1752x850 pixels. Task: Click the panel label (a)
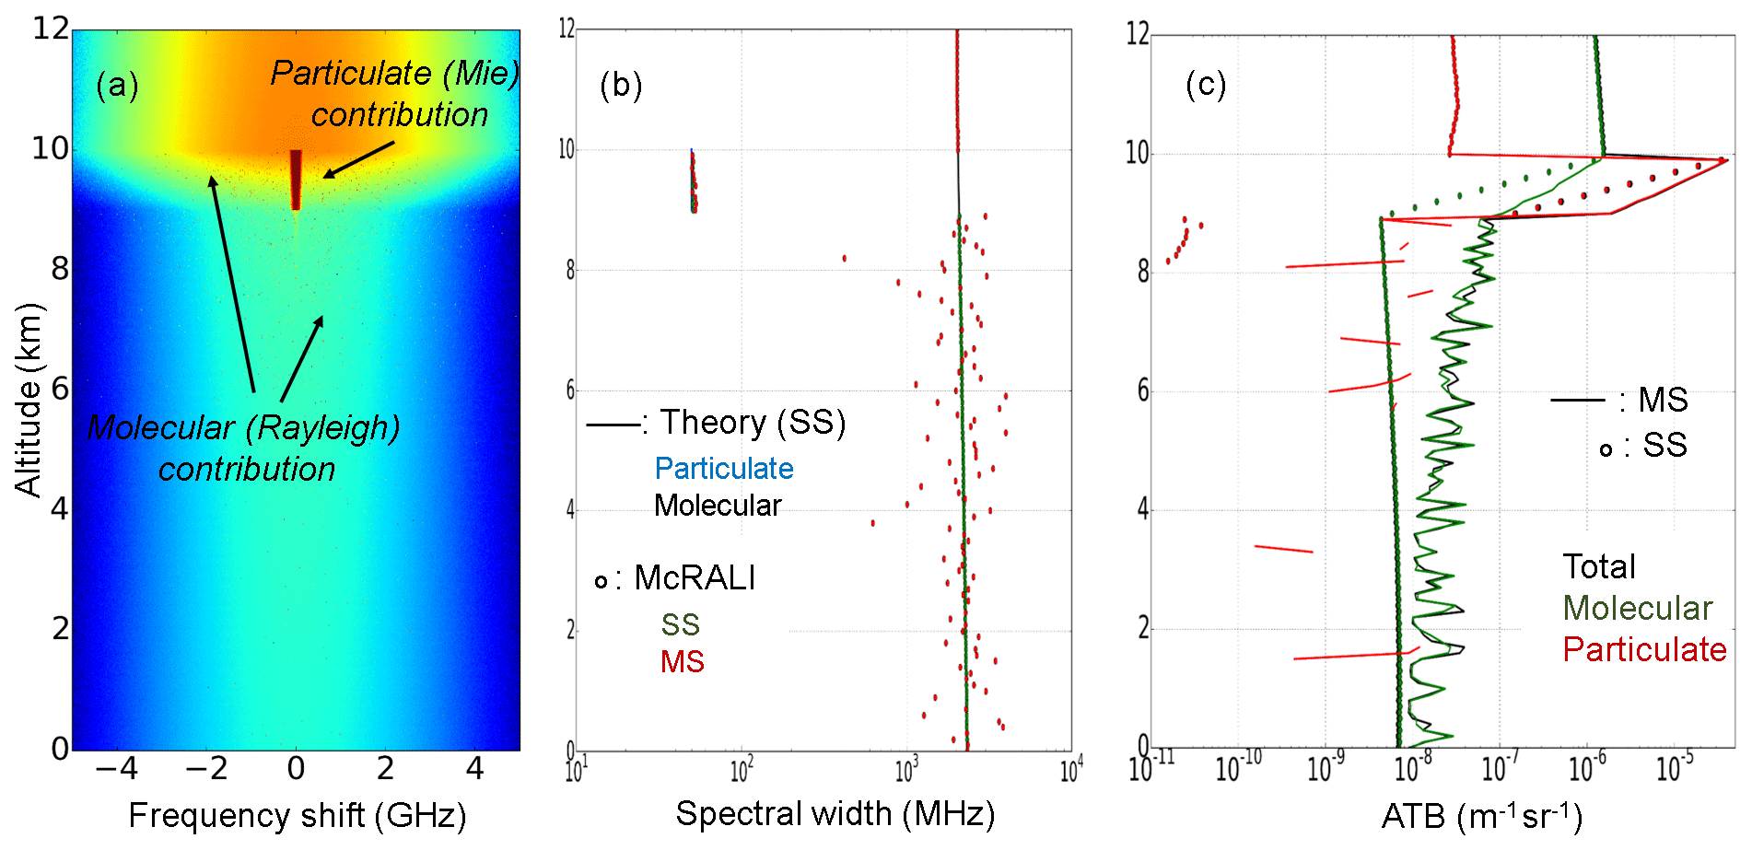click(x=117, y=86)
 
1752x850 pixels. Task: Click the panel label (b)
click(x=620, y=86)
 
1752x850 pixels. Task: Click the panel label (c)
click(x=1206, y=85)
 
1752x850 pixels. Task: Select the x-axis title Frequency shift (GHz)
click(x=297, y=816)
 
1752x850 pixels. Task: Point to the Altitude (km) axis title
click(x=29, y=400)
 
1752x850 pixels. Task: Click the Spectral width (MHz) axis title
click(x=835, y=814)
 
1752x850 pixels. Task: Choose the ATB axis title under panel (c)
click(x=1481, y=816)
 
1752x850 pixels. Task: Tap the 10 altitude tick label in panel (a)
click(x=51, y=148)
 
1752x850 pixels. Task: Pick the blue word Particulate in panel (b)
click(x=724, y=469)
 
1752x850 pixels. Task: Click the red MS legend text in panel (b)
click(x=683, y=662)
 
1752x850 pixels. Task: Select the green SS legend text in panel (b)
click(x=681, y=625)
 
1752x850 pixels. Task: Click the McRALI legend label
click(x=695, y=578)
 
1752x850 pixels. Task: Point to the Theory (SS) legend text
click(x=753, y=423)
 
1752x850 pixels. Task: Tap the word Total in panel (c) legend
click(x=1599, y=567)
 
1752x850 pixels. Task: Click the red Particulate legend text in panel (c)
click(x=1644, y=650)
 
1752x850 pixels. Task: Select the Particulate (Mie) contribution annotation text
click(x=396, y=94)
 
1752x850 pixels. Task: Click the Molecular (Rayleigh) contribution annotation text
click(x=245, y=448)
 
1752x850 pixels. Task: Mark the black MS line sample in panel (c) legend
click(x=1578, y=401)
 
